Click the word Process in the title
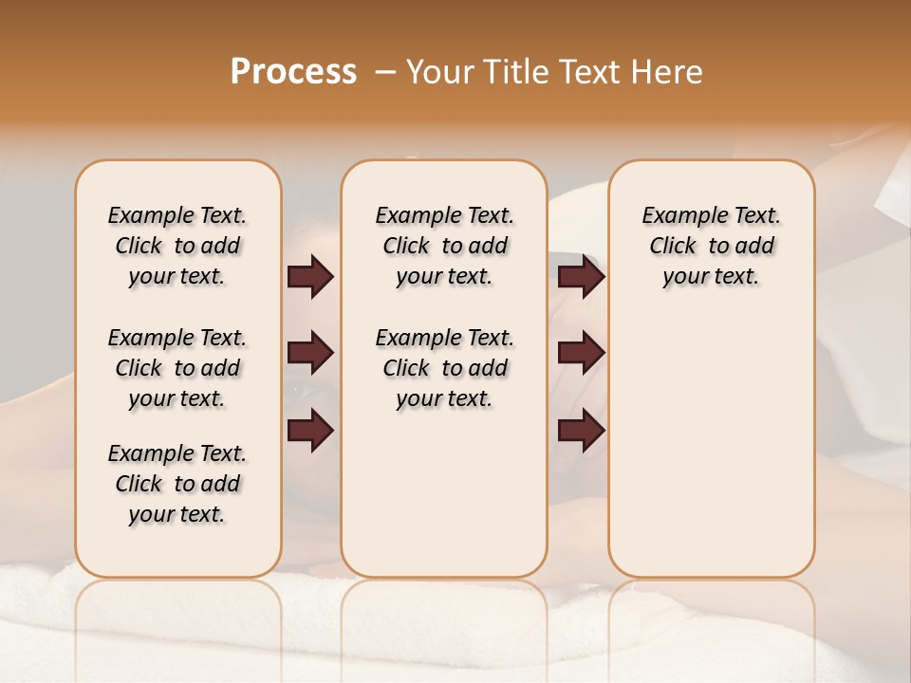tap(293, 72)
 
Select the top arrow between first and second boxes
tap(310, 277)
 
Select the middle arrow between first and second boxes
tap(310, 354)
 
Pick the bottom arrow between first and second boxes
tap(310, 431)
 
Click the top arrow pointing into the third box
tap(581, 277)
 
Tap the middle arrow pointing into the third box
tap(581, 354)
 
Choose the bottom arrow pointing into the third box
tap(581, 431)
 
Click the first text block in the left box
tap(177, 246)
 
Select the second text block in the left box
tap(177, 368)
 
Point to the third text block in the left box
tap(177, 484)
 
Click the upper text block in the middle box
tap(444, 246)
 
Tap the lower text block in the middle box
tap(444, 368)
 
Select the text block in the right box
tap(711, 246)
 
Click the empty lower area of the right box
tap(711, 446)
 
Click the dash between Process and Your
tap(385, 72)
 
